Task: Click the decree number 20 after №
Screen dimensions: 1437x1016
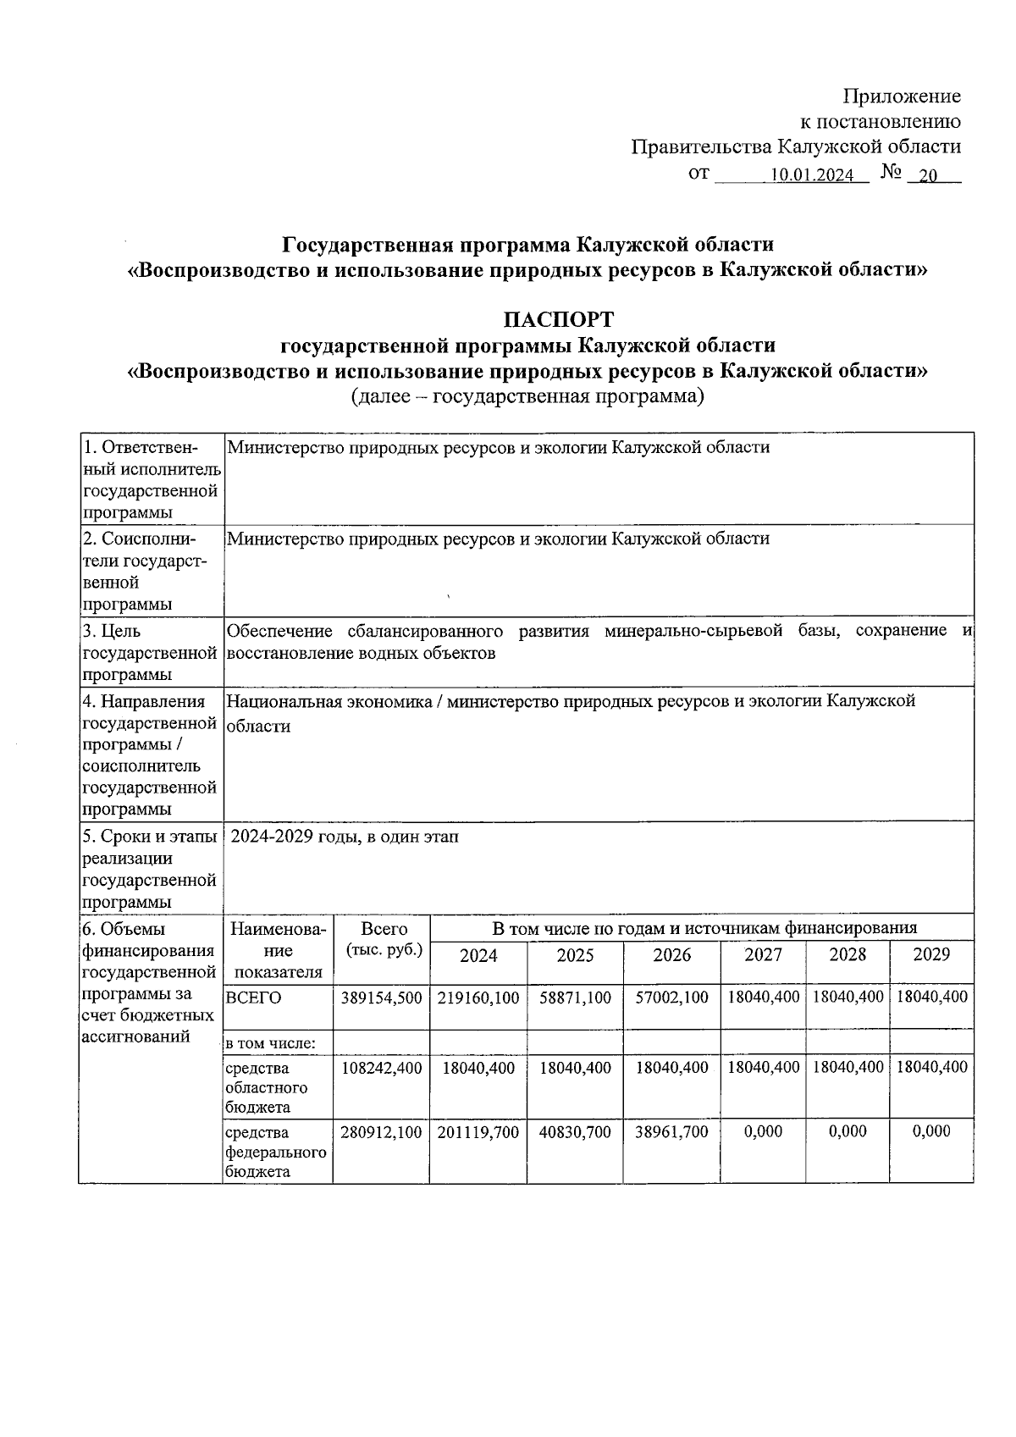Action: point(929,176)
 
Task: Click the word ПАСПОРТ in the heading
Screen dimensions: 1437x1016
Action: point(558,319)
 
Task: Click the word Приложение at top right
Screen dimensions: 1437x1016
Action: point(903,96)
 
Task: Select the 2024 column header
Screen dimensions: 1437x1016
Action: point(478,956)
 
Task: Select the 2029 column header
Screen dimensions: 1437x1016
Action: point(931,954)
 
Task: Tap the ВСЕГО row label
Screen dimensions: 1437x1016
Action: point(253,998)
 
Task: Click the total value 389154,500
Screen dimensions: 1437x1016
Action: point(381,998)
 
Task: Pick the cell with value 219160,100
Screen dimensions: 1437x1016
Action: point(478,998)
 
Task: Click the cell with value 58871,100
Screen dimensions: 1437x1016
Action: point(575,998)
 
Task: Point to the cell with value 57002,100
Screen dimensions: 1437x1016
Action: point(671,998)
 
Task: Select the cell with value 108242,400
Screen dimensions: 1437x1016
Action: point(381,1068)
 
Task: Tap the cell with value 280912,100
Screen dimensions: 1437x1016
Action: point(381,1132)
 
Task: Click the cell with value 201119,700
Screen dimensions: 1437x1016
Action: point(478,1132)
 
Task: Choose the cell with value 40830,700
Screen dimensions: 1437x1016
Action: point(575,1132)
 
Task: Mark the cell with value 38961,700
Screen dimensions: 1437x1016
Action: point(671,1132)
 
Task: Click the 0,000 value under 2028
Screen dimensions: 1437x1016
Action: point(847,1131)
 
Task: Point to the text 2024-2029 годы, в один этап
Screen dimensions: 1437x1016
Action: point(345,837)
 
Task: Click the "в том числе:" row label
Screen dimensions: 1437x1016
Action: point(270,1043)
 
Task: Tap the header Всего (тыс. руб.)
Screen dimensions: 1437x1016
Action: point(384,939)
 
